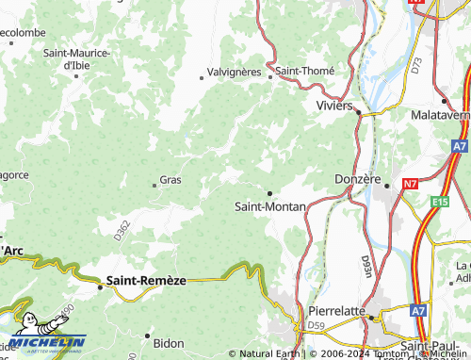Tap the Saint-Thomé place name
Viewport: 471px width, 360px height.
[x=305, y=70]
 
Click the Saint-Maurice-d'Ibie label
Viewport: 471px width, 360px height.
[x=77, y=58]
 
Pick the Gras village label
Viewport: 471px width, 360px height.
[x=171, y=179]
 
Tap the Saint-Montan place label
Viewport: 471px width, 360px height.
[x=268, y=205]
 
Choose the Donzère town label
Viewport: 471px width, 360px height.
[x=358, y=178]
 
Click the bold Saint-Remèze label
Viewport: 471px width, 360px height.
[x=146, y=280]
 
